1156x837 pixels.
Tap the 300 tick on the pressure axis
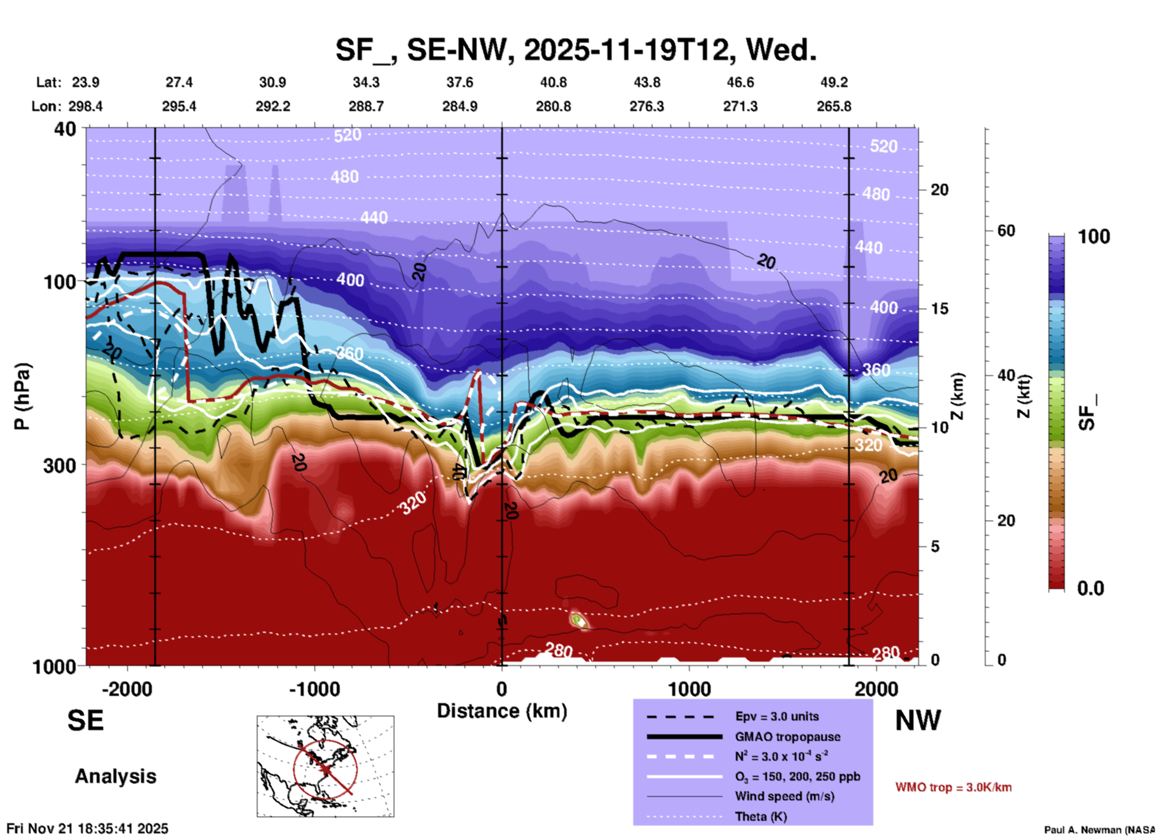tap(59, 465)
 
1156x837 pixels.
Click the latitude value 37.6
tap(459, 82)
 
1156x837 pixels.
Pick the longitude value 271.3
tap(740, 106)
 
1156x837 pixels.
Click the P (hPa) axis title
tap(22, 396)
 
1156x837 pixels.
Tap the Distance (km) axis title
tap(502, 711)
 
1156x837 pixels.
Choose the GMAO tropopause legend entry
tap(787, 737)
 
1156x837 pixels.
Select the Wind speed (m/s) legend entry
tap(775, 796)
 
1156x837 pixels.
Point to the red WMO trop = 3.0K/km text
tap(953, 787)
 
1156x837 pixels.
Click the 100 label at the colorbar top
tap(1094, 237)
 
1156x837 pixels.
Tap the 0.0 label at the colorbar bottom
tap(1091, 588)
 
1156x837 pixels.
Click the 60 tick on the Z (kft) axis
tap(1006, 231)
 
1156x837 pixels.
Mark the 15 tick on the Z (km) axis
tap(939, 309)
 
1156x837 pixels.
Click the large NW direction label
tap(918, 721)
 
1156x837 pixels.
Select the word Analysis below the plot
tap(115, 776)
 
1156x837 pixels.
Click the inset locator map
tap(325, 766)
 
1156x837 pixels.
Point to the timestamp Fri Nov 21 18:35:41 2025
tap(88, 829)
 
